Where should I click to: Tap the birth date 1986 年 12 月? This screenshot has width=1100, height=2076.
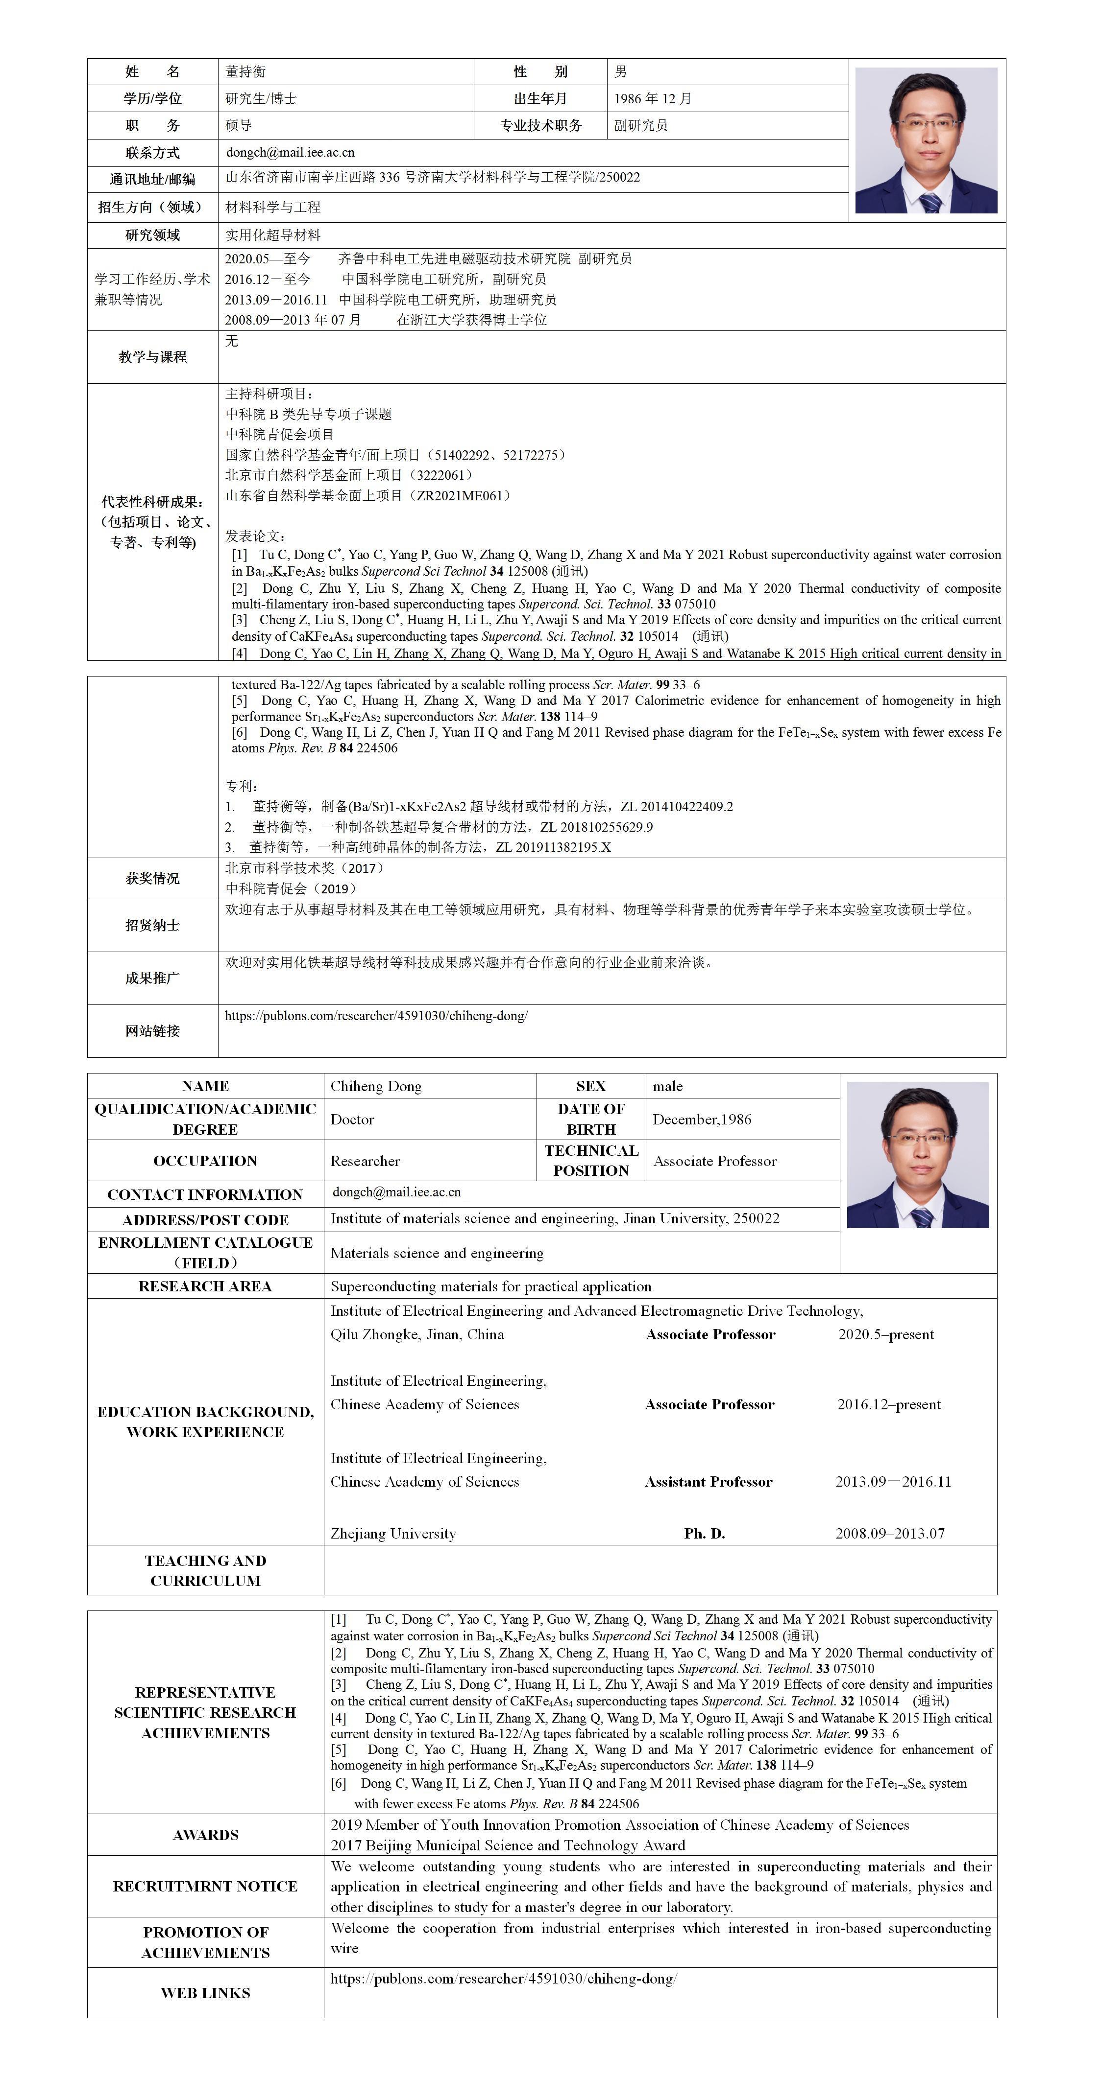(653, 98)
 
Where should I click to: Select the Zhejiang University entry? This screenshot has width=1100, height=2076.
(393, 1534)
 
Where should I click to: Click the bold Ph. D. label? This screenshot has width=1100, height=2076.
(704, 1534)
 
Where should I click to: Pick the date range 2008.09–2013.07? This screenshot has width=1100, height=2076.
(889, 1534)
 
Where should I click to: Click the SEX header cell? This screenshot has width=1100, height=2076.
(590, 1086)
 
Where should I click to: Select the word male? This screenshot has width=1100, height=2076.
(668, 1086)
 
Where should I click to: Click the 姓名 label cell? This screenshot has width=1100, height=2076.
(152, 72)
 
